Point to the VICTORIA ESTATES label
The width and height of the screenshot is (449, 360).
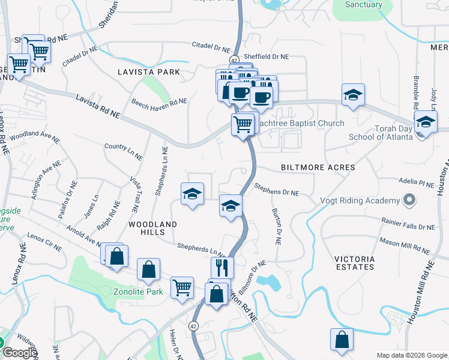pos(354,263)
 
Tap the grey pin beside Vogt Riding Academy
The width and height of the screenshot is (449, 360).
pos(409,200)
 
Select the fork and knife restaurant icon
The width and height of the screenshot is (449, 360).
pos(222,267)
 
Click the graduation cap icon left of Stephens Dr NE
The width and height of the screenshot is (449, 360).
pos(231,206)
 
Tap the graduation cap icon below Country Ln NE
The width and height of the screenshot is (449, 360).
pos(192,194)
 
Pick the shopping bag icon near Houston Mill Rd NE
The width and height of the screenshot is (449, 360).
pos(342,339)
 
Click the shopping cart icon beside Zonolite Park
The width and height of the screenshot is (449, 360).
pos(182,287)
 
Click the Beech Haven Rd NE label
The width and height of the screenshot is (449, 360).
pos(159,102)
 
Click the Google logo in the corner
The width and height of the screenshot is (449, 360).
pos(20,353)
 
